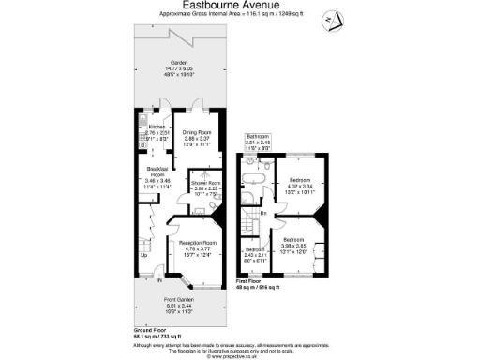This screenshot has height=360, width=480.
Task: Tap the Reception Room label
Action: pos(197,243)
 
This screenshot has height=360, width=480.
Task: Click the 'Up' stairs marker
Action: pos(143,256)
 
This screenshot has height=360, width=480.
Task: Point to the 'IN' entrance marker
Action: pos(160,279)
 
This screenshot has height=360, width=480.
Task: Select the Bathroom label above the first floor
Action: pos(258,137)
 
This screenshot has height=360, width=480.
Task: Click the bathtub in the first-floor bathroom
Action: pos(257,176)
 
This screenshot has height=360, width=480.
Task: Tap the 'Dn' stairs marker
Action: pos(264,214)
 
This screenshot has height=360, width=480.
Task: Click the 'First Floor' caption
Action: pos(249,279)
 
